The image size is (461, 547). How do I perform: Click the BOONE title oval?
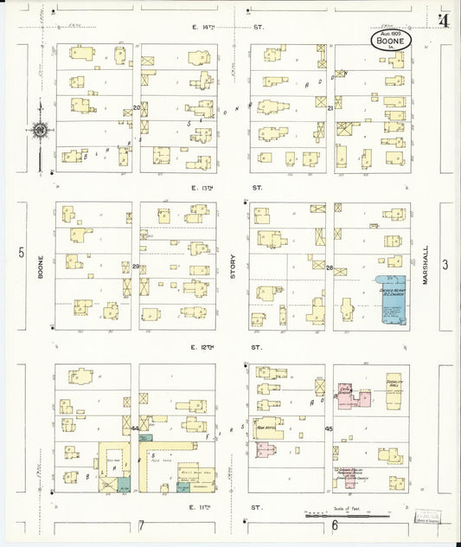392,39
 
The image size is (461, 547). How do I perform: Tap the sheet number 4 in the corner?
445,19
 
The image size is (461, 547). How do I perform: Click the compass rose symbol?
40,132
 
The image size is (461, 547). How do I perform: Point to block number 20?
137,108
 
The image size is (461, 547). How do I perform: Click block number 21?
330,108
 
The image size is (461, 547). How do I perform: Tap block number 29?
137,267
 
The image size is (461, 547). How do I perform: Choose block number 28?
330,268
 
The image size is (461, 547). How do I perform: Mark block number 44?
136,428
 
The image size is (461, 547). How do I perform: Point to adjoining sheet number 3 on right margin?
446,265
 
